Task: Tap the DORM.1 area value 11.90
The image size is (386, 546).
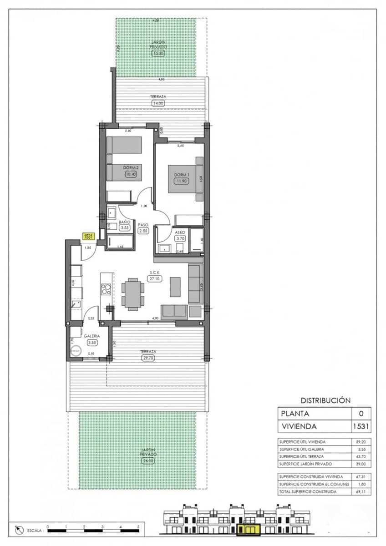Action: tap(181, 181)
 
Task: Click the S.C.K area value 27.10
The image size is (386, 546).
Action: tap(154, 279)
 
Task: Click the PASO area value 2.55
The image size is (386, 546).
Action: tap(144, 231)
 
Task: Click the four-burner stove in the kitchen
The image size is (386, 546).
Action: tap(106, 289)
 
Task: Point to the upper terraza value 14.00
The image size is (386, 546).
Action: tap(158, 103)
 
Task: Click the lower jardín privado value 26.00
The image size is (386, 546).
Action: tap(148, 460)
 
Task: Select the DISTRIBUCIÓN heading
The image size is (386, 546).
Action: tap(325, 400)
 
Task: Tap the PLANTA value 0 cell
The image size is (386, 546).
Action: tap(361, 414)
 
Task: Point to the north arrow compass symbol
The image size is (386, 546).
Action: tap(19, 530)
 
